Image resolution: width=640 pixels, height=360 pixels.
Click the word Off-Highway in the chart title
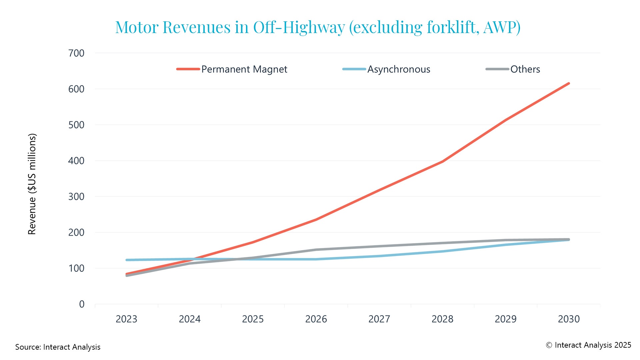pos(299,27)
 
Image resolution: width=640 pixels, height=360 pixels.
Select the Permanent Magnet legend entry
pos(244,69)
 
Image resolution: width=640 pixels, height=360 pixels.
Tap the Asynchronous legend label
pos(399,69)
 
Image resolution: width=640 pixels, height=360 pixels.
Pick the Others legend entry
pos(525,69)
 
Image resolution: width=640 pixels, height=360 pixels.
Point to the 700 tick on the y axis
pos(76,53)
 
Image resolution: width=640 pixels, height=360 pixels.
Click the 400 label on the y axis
pos(76,161)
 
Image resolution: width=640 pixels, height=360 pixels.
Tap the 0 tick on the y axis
pos(82,304)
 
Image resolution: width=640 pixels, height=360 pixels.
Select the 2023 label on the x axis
pos(126,319)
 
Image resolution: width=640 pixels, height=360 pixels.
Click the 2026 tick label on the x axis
pos(316,319)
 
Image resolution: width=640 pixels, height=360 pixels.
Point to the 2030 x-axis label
pos(569,319)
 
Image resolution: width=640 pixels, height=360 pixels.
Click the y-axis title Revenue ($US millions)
pos(32,184)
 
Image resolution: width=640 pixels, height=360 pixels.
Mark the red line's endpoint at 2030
pos(569,83)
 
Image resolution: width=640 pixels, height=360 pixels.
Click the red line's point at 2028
pos(442,162)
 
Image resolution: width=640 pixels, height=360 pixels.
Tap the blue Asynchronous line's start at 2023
pos(127,260)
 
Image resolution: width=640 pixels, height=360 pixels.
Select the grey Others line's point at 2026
pos(316,250)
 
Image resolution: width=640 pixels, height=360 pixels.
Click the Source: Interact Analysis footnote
pos(58,347)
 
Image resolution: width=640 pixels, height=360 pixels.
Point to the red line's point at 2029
pos(506,120)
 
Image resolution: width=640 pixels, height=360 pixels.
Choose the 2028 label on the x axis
pos(442,319)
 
